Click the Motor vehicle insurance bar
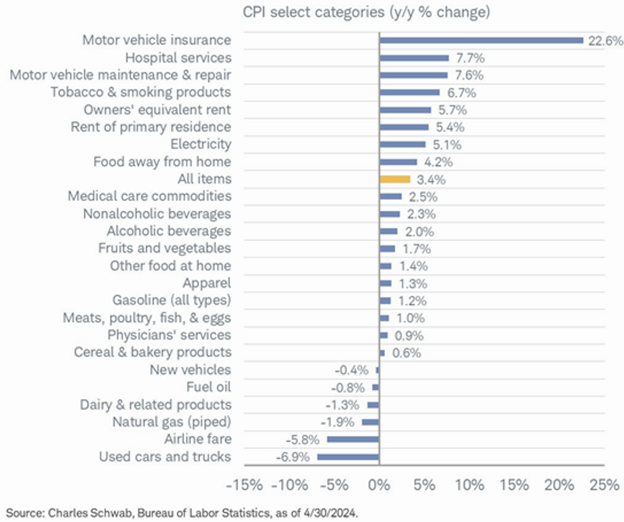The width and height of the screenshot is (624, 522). tap(481, 41)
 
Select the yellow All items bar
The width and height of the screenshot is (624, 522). tap(395, 179)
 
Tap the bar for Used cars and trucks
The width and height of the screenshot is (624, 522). tap(348, 457)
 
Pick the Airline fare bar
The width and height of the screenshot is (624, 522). tap(353, 440)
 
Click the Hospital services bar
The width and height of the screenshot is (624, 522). tap(414, 58)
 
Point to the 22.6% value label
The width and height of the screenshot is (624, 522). tap(605, 41)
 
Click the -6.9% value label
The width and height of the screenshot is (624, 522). tap(293, 457)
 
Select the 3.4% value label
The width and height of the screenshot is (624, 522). tap(431, 180)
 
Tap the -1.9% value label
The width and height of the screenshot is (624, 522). tap(337, 422)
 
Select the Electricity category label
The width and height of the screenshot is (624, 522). tap(201, 144)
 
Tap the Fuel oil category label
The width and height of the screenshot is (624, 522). tap(208, 387)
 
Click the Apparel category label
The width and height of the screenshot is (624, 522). tap(207, 283)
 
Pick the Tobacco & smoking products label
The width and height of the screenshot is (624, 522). tap(141, 92)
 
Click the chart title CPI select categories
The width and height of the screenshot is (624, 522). tap(366, 12)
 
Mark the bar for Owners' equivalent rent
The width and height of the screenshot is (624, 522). tap(405, 110)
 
